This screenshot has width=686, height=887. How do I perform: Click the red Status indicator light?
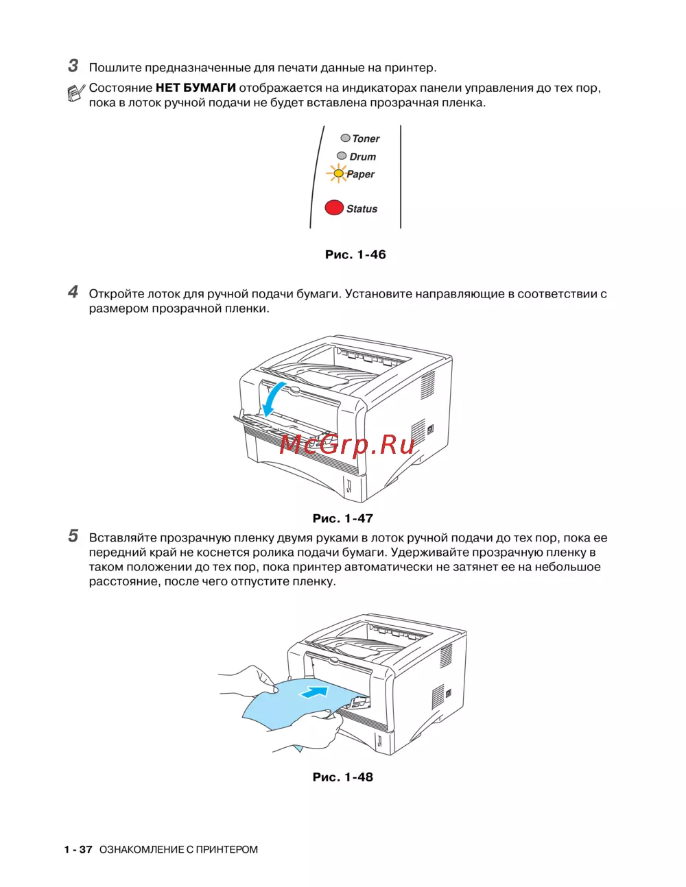[334, 208]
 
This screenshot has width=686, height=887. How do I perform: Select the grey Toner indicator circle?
[346, 138]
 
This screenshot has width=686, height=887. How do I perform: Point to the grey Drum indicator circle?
[342, 156]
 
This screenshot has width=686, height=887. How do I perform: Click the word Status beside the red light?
[362, 209]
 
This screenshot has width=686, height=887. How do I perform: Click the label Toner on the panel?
[366, 138]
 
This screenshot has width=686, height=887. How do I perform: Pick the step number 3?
[73, 66]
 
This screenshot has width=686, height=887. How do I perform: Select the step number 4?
[73, 292]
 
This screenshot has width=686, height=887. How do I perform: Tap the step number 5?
[73, 536]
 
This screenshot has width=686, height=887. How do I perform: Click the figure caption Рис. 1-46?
[355, 255]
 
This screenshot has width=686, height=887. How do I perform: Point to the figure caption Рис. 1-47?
[343, 518]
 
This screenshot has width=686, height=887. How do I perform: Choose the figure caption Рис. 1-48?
[343, 777]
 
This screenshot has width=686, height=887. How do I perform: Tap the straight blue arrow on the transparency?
[314, 692]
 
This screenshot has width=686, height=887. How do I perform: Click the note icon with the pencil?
[76, 93]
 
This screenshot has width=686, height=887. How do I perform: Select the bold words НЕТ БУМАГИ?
[196, 88]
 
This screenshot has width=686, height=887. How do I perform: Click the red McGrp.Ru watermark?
[347, 445]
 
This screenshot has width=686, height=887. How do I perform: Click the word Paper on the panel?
[361, 174]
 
